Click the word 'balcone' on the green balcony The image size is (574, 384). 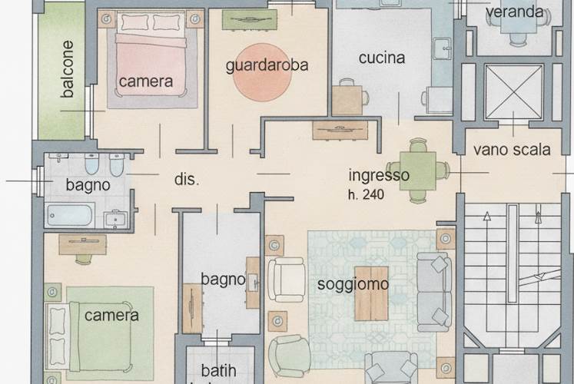pos(68,69)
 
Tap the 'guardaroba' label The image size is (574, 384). pos(267,65)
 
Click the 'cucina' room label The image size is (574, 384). pos(382,58)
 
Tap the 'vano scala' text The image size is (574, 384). pos(512,150)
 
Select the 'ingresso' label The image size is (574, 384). pos(379,175)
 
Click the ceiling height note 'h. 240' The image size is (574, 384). pos(365,195)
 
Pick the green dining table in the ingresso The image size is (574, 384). pos(417,170)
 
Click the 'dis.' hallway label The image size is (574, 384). pos(187,180)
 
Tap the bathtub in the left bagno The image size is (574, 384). pos(70,214)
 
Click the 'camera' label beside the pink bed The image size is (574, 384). pos(146,81)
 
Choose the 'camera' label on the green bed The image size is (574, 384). pos(111,315)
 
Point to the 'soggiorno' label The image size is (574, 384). pos(353,285)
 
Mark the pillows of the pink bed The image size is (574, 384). pos(152,22)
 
